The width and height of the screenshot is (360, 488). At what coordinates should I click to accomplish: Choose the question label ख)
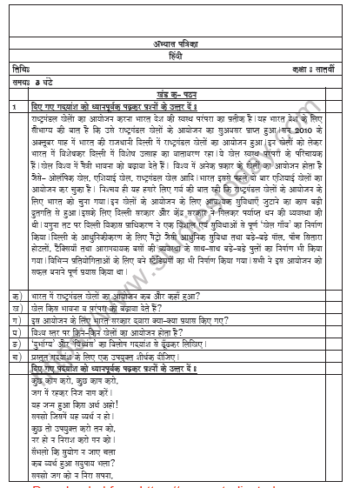[x=17, y=309]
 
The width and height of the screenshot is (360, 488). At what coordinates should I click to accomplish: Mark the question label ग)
[x=17, y=320]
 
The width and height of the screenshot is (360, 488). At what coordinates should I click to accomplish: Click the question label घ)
[x=17, y=331]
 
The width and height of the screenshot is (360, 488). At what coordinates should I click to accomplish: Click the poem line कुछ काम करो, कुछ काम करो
[x=87, y=381]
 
